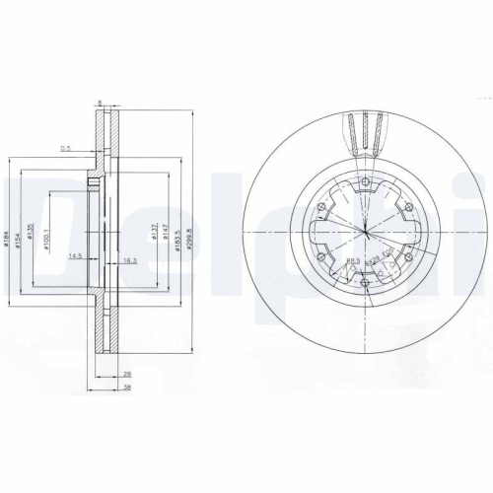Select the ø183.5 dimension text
tap(177, 236)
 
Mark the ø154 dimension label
tap(21, 237)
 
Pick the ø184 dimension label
tap(8, 237)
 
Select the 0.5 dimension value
tap(65, 149)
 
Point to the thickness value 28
tap(128, 376)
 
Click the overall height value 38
tap(128, 387)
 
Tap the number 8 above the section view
tap(101, 101)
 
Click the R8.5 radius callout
tap(352, 260)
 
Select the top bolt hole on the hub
tap(366, 178)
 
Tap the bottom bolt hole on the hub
tap(366, 286)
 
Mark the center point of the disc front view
tap(366, 233)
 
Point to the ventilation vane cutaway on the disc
tap(366, 133)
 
